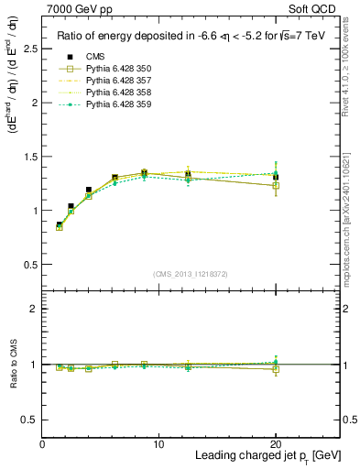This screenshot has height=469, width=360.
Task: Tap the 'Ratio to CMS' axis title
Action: pos(12,364)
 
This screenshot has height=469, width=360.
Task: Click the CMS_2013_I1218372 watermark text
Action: pos(191,273)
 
